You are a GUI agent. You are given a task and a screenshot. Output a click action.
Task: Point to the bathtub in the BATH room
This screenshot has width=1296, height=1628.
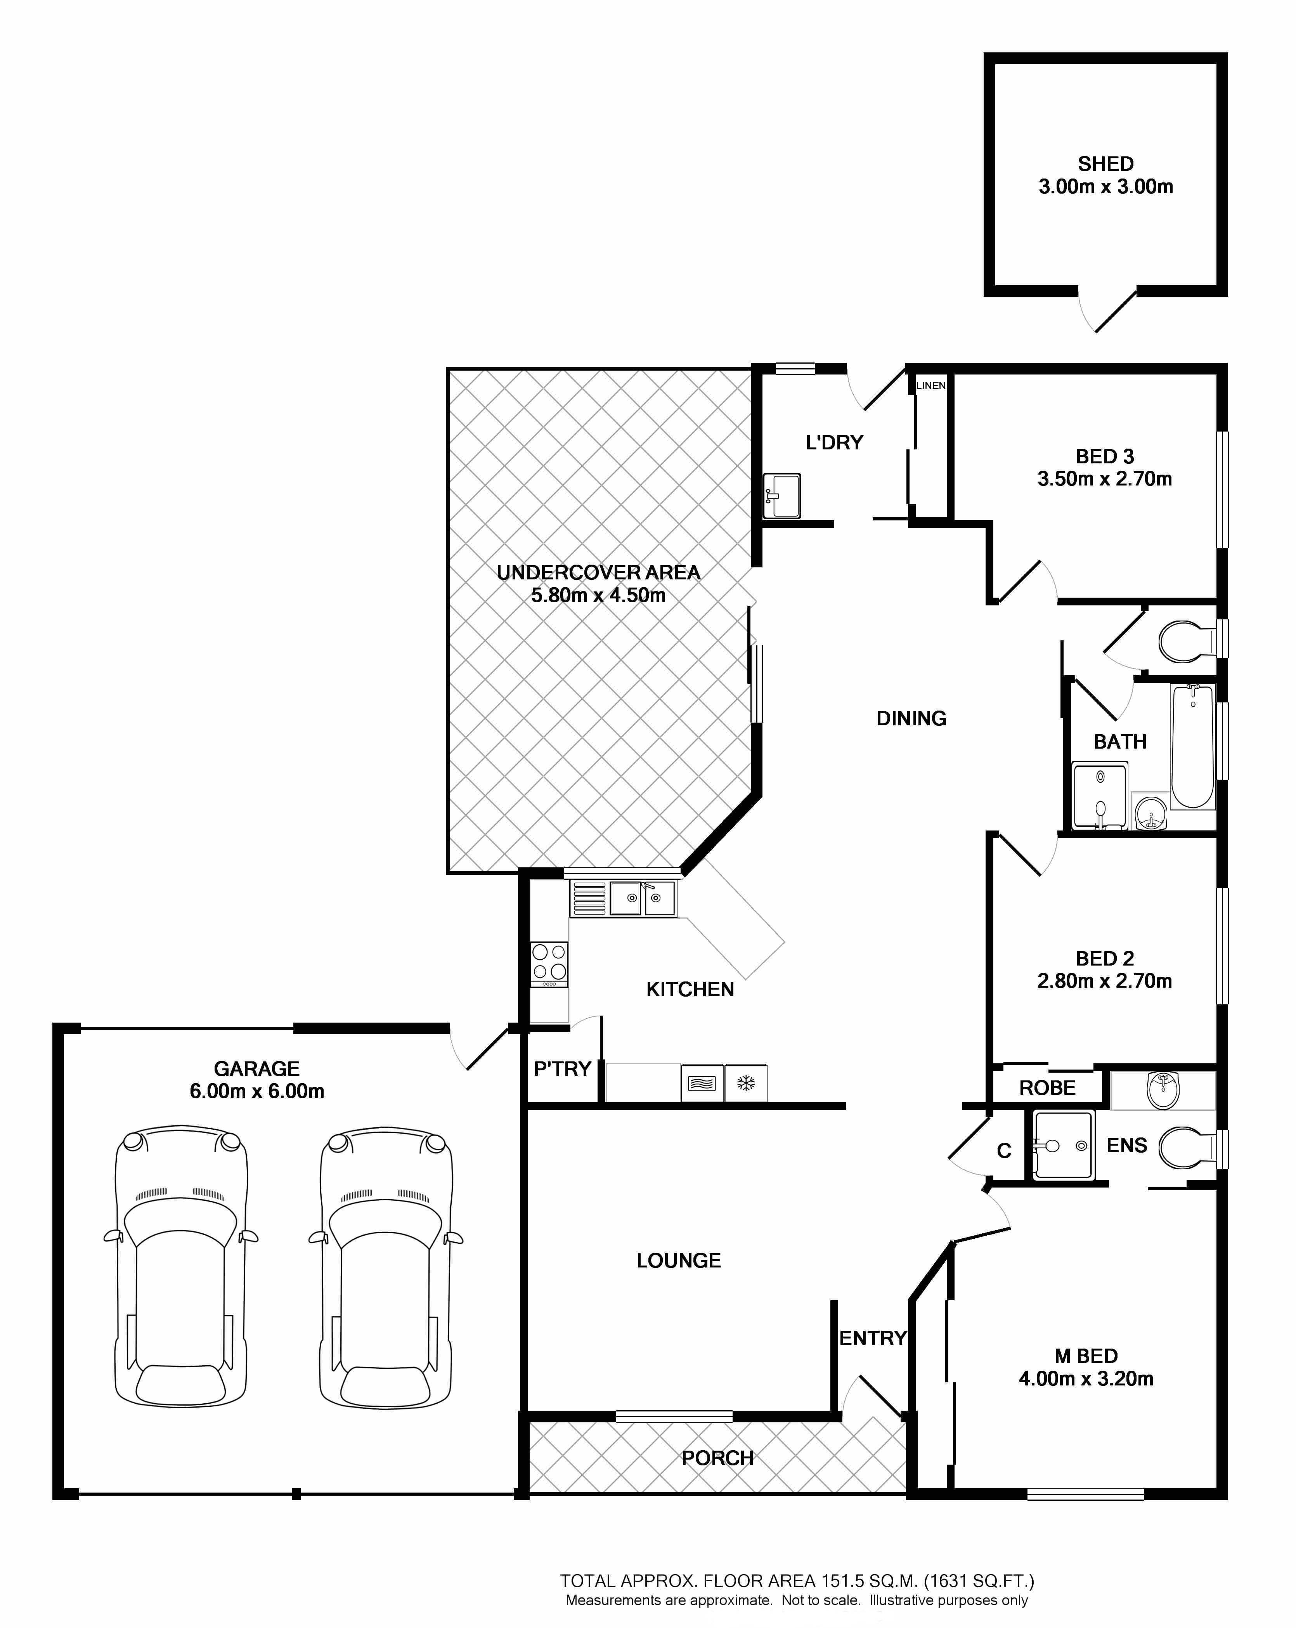coord(1193,747)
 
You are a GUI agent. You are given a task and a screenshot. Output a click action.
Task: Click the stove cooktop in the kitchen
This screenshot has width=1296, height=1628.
coord(549,964)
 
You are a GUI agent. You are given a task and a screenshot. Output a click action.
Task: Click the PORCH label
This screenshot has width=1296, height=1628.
coord(717,1458)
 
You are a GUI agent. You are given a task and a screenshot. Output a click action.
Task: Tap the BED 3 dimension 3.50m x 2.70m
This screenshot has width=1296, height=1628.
coord(1104,479)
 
